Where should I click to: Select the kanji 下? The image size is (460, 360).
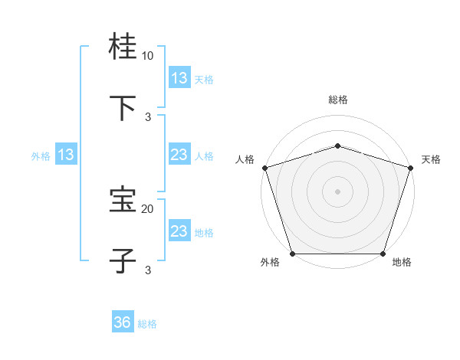pyautogui.click(x=123, y=108)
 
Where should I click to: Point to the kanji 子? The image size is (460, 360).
pyautogui.click(x=123, y=260)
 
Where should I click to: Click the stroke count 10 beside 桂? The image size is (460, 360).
pyautogui.click(x=147, y=56)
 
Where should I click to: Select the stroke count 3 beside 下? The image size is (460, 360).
pyautogui.click(x=148, y=116)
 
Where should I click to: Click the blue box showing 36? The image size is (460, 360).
pyautogui.click(x=123, y=323)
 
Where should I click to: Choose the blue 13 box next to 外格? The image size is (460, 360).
pyautogui.click(x=66, y=155)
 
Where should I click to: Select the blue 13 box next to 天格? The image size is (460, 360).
pyautogui.click(x=179, y=78)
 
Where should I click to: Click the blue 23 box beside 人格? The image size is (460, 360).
pyautogui.click(x=179, y=155)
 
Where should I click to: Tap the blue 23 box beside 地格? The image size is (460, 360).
pyautogui.click(x=179, y=231)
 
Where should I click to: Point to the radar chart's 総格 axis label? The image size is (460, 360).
pyautogui.click(x=338, y=100)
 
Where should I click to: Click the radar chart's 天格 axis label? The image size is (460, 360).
pyautogui.click(x=431, y=159)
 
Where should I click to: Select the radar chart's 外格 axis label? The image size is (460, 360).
pyautogui.click(x=270, y=262)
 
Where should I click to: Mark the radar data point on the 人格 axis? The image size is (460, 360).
pyautogui.click(x=264, y=168)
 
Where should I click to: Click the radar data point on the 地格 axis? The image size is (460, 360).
pyautogui.click(x=383, y=254)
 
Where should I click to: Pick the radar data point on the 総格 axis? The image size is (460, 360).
pyautogui.click(x=337, y=146)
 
